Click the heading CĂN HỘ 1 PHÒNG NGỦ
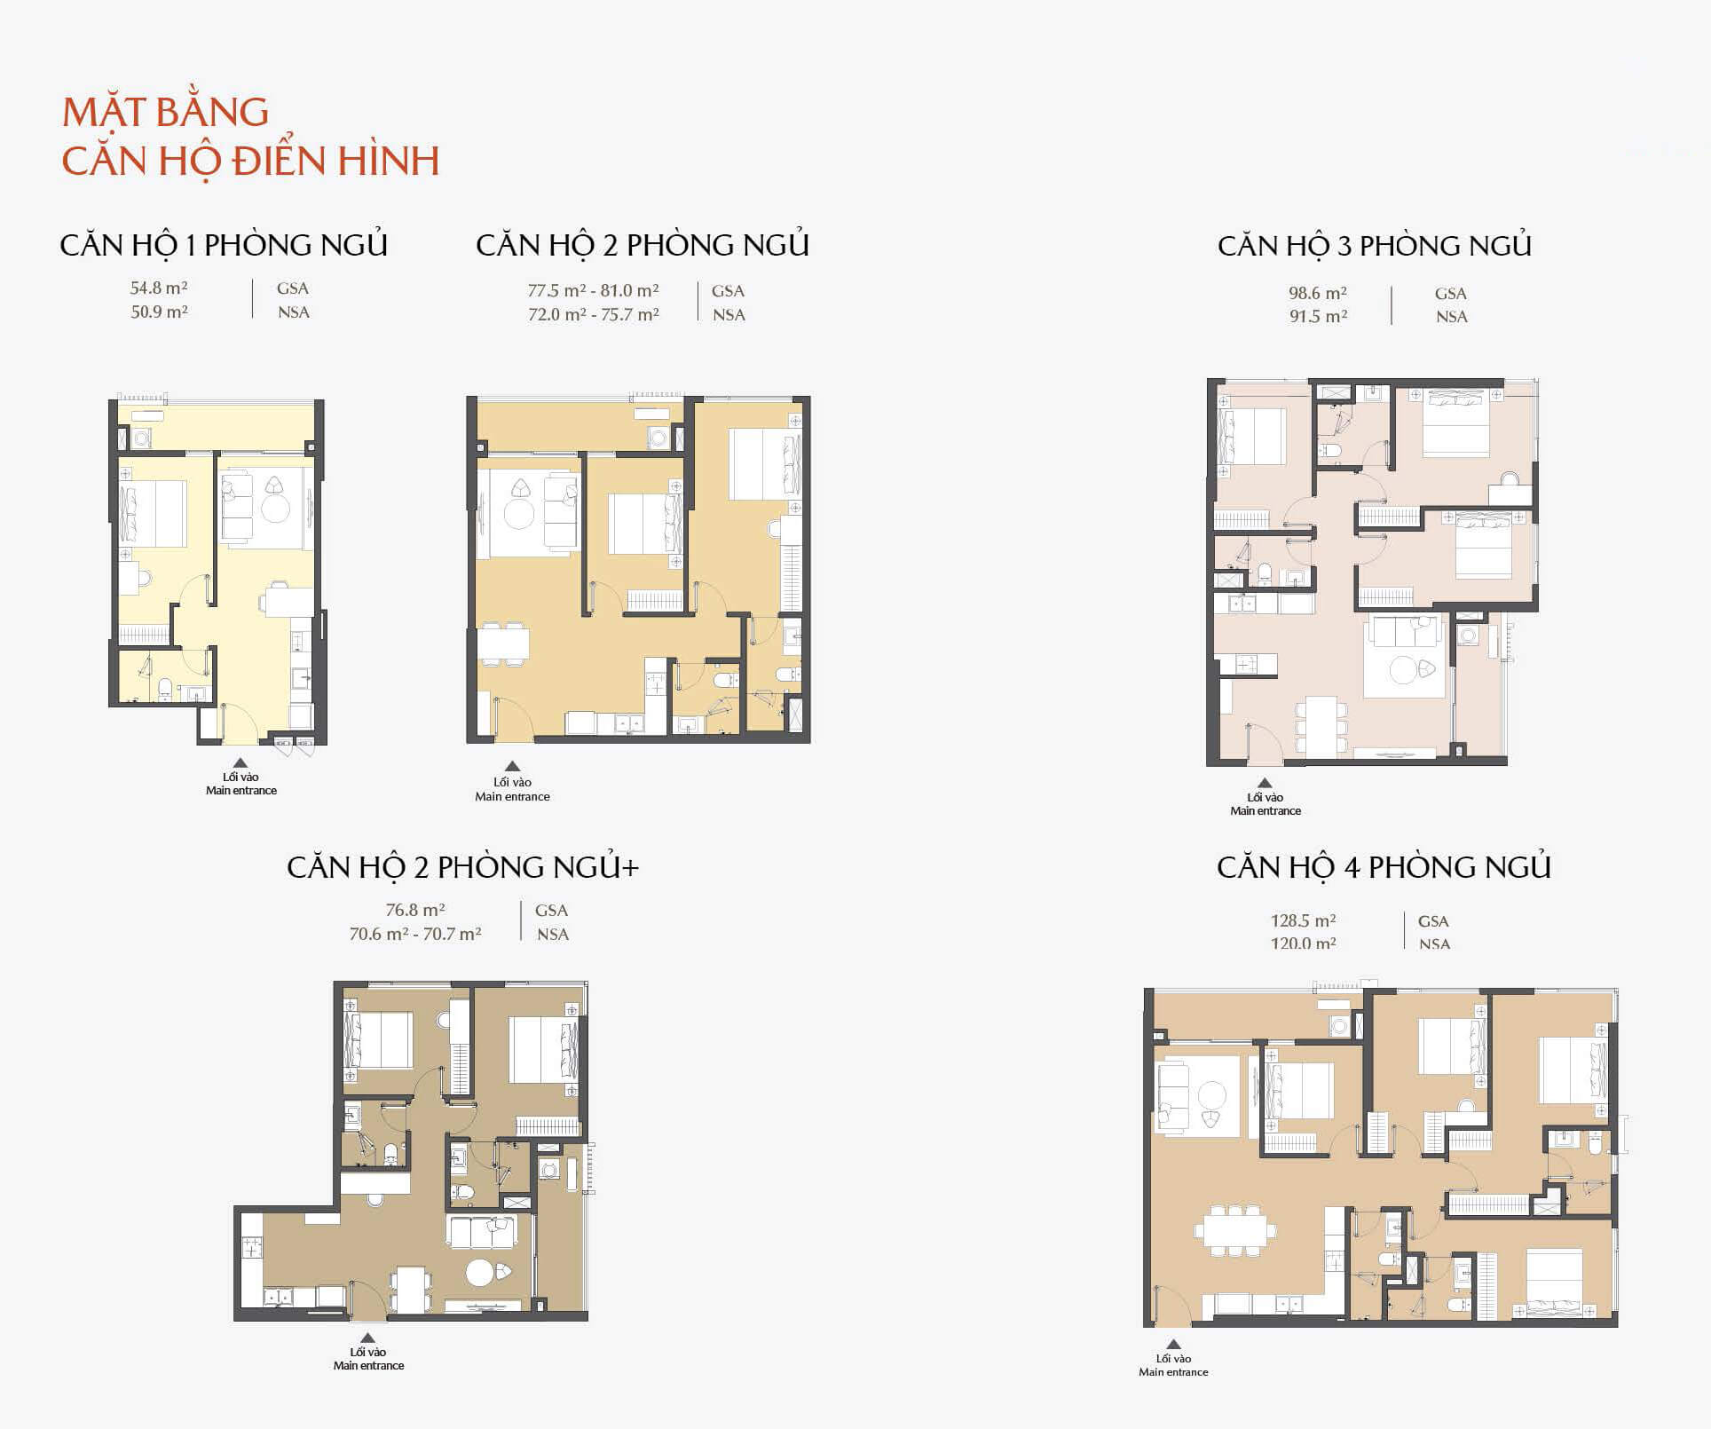coord(224,246)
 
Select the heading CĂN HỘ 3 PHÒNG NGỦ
coord(1375,246)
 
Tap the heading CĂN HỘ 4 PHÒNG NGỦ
coord(1384,867)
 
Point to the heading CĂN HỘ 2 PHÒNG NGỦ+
coord(462,867)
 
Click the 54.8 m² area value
coord(159,288)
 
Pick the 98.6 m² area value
coord(1318,293)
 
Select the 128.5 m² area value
coord(1303,920)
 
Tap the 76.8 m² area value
coord(415,910)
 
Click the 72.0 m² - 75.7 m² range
coord(593,314)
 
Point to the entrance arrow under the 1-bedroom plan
coord(240,762)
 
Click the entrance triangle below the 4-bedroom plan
coord(1173,1344)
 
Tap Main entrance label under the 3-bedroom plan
coord(1266,810)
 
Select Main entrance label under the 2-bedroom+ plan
coord(368,1365)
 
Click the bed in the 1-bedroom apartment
coord(154,514)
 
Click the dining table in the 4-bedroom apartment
coord(1234,1230)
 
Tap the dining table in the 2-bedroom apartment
coord(502,643)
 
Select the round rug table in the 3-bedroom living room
coord(1403,670)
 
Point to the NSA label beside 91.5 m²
coord(1452,317)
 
